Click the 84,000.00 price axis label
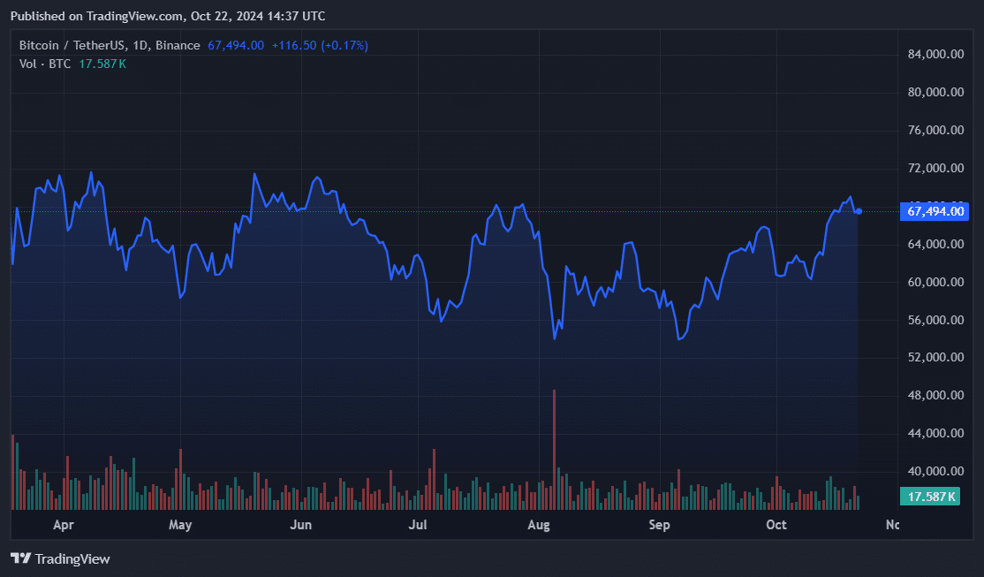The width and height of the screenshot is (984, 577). pos(935,55)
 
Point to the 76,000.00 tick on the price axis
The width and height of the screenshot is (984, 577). pos(935,131)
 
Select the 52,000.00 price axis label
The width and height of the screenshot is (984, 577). pos(935,358)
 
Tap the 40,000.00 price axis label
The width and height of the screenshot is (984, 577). pos(935,472)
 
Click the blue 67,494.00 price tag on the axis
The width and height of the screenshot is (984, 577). pos(937,211)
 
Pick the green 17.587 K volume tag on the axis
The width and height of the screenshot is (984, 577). pos(929,497)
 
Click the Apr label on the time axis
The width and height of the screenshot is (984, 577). pos(63,525)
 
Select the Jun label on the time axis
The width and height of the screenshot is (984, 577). pos(301,525)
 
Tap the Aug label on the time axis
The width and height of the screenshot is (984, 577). pos(538,525)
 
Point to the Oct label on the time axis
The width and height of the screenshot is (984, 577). pos(776,525)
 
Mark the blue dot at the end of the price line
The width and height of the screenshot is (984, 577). pos(859,210)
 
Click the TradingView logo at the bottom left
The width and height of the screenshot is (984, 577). pos(60,558)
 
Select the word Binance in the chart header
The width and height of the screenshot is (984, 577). pos(178,45)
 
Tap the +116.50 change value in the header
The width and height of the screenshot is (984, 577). pos(293,45)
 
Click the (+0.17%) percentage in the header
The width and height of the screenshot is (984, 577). pos(344,45)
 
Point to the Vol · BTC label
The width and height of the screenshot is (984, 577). pos(45,64)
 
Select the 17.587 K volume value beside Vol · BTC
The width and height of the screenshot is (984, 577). pos(102,64)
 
